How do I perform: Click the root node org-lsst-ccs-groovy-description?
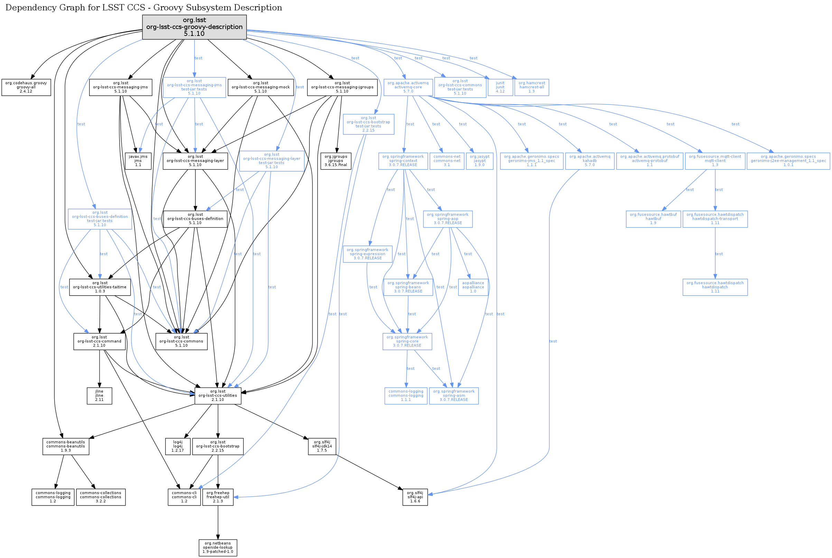click(x=194, y=27)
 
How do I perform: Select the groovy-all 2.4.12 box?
click(x=26, y=87)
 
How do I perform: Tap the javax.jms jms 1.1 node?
click(x=138, y=161)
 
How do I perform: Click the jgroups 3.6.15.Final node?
click(x=336, y=161)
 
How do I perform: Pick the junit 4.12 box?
click(x=500, y=87)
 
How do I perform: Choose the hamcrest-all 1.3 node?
click(x=531, y=87)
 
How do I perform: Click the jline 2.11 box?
click(x=99, y=396)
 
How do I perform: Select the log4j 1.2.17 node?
click(x=177, y=446)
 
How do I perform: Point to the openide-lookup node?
click(x=218, y=548)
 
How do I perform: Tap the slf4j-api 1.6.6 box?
click(x=415, y=497)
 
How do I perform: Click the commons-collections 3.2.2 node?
click(x=101, y=497)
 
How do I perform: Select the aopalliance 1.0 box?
click(x=473, y=287)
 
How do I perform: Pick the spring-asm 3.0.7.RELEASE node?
click(x=454, y=396)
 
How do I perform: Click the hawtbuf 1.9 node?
click(x=653, y=219)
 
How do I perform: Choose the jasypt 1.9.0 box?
click(x=479, y=161)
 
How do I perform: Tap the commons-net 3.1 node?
click(x=447, y=161)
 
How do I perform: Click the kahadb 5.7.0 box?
click(x=589, y=161)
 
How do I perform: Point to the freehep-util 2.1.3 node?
click(x=218, y=497)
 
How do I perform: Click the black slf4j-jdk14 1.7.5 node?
click(x=321, y=446)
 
